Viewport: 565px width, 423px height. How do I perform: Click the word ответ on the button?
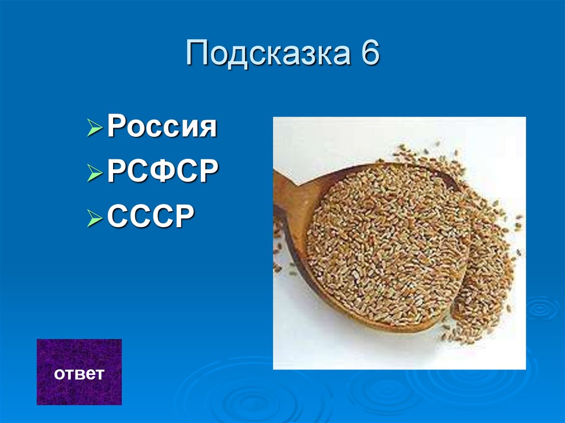[x=79, y=374]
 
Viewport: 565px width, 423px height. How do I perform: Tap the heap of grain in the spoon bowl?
[x=386, y=243]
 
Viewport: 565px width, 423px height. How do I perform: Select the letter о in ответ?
[x=58, y=374]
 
